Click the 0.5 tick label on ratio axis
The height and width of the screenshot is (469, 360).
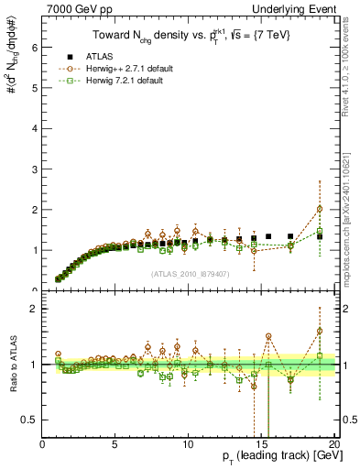(x=29, y=420)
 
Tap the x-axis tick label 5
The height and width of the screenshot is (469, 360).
(x=115, y=444)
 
